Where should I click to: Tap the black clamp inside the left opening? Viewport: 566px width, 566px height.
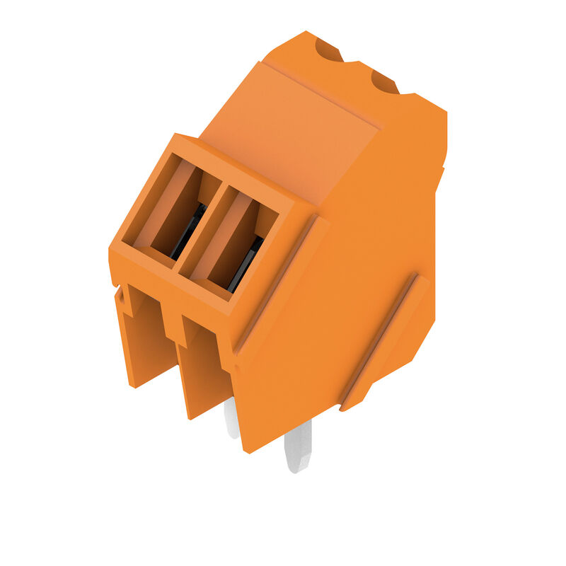(188, 231)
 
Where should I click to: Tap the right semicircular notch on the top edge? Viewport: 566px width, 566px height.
(384, 83)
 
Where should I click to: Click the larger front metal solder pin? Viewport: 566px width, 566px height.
(298, 446)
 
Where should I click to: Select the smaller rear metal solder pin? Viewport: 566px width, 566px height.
(231, 417)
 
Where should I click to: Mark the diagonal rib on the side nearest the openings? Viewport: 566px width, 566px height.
(279, 283)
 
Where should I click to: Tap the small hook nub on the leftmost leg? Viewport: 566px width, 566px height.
(127, 301)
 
